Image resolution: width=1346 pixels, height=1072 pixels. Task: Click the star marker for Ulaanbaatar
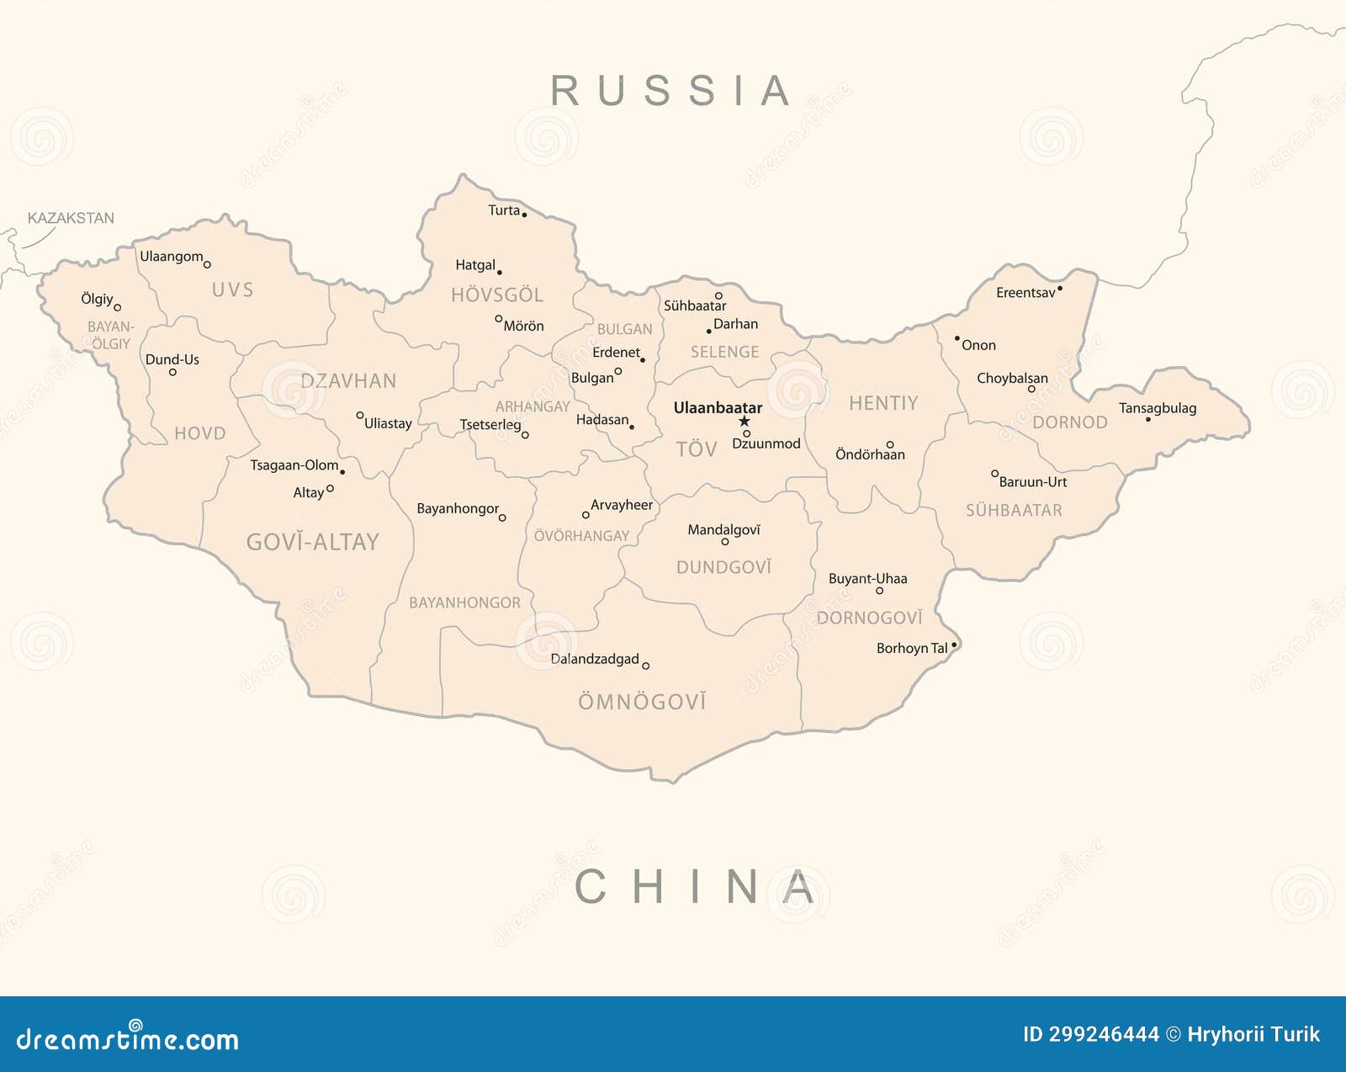tap(744, 422)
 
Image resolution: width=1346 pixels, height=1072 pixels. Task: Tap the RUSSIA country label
tap(671, 91)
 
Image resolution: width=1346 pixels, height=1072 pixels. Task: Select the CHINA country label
tap(695, 887)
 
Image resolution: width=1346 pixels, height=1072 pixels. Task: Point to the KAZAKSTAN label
tap(71, 218)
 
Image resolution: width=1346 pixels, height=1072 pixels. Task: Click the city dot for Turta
tap(524, 215)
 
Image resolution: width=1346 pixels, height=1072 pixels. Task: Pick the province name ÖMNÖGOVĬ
tap(642, 702)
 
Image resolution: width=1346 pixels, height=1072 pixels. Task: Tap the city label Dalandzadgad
tap(595, 659)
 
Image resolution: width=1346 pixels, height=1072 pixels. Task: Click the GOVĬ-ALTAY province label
tap(312, 542)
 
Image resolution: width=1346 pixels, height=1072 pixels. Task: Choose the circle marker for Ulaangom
tap(207, 265)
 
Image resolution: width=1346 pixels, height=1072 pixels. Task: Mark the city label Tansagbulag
tap(1157, 408)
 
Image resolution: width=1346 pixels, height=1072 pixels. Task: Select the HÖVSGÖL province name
tap(497, 295)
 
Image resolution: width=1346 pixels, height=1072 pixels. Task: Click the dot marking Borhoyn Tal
tap(954, 645)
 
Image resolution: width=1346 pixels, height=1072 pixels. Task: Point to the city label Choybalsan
tap(1012, 379)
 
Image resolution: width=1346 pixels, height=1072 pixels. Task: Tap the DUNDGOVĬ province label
tap(723, 567)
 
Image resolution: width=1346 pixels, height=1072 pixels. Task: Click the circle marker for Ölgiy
tap(118, 308)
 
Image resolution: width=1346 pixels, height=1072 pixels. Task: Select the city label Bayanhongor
tap(458, 508)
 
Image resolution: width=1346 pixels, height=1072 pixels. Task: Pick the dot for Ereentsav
tap(1060, 289)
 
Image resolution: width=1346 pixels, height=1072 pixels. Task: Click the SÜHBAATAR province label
tap(1014, 510)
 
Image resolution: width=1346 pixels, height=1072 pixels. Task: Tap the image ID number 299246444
tap(1090, 1034)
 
